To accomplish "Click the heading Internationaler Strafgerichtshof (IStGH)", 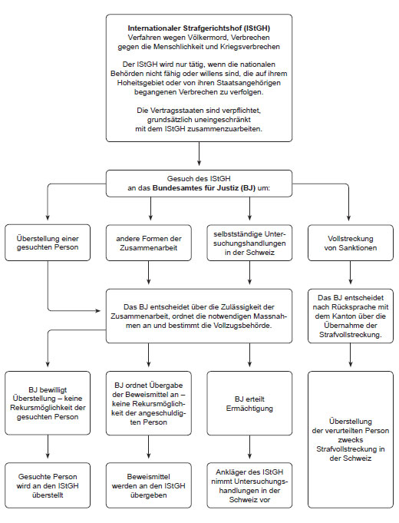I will pos(199,28).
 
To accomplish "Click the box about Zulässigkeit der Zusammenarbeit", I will pos(199,316).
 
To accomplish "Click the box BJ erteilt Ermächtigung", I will pos(249,404).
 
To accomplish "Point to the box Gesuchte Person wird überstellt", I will pos(48,484).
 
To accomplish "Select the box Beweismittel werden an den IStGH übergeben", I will pos(149,484).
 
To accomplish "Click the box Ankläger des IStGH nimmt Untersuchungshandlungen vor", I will pos(249,484).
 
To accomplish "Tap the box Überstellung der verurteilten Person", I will pos(350,439).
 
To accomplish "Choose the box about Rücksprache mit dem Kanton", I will pos(350,316).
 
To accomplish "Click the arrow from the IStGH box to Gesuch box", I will pos(199,155).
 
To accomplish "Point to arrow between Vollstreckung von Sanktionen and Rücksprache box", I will pos(350,274).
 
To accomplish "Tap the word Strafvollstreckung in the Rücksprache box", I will pos(350,335).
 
